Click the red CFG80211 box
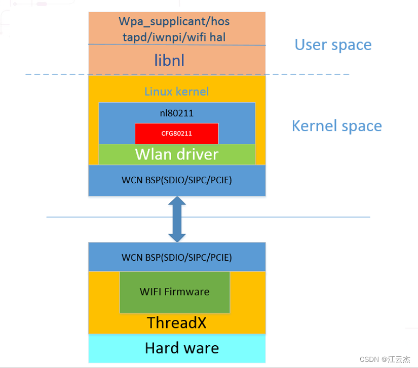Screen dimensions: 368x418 (176, 134)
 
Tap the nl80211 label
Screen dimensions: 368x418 (176, 114)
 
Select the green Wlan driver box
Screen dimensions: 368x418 (176, 154)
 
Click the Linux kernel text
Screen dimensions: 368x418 (176, 92)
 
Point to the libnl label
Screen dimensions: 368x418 (169, 61)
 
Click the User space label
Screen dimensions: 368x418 (333, 45)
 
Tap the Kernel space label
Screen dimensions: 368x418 (336, 126)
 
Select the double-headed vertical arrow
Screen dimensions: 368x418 (177, 219)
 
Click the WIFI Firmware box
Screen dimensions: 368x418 (174, 292)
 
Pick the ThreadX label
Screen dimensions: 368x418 (176, 323)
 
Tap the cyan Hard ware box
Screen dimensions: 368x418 (177, 348)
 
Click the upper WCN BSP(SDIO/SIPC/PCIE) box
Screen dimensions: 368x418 (177, 180)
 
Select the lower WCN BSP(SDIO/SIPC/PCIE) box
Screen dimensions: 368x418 (177, 257)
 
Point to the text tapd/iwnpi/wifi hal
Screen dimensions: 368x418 (175, 37)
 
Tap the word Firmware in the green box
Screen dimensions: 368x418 (189, 292)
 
